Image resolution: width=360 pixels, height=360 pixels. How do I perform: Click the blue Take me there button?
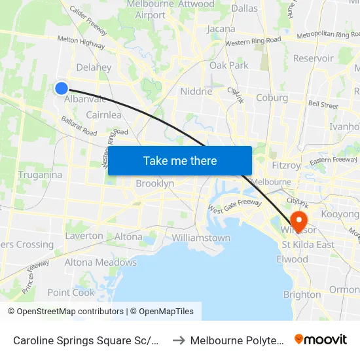[x=180, y=160]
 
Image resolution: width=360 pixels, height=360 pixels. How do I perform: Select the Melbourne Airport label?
[x=151, y=9]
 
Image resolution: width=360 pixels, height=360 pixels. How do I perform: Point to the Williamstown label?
[x=201, y=238]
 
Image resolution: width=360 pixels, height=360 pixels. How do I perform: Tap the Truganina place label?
[x=41, y=175]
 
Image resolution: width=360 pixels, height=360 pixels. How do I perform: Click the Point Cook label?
[x=71, y=293]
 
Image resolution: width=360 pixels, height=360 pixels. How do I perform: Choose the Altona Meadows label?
[x=100, y=262]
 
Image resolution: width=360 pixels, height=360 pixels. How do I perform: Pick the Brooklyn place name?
[x=155, y=184]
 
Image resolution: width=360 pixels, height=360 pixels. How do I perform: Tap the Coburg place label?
[x=272, y=98]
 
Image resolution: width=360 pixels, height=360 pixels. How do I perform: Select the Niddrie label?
[x=196, y=92]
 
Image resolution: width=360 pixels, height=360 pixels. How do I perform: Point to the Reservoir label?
[x=314, y=58]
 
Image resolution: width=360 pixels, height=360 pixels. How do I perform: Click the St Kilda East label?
[x=308, y=245]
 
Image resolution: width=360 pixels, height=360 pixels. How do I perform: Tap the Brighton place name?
[x=302, y=295]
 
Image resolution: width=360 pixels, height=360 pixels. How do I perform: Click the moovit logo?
[x=321, y=340]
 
